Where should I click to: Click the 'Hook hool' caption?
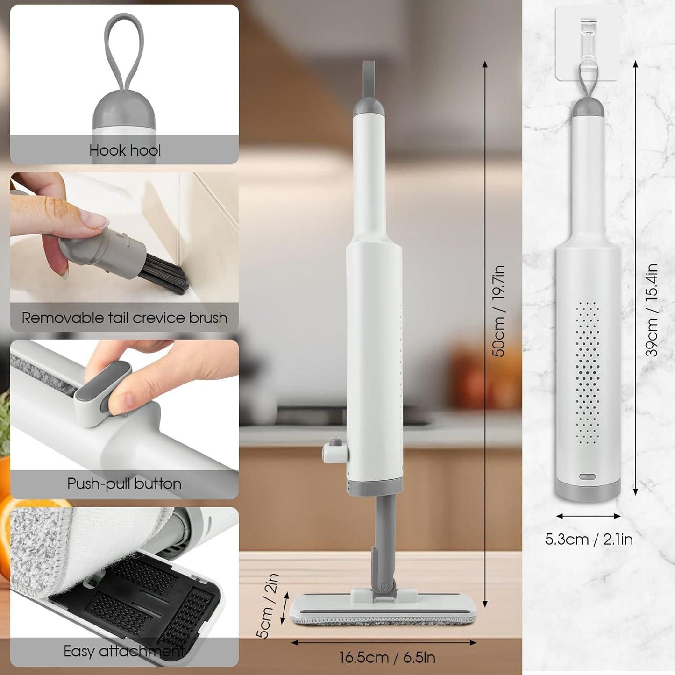(x=125, y=150)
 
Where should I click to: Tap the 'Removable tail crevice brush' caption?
(x=124, y=318)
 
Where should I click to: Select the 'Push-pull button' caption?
(x=124, y=483)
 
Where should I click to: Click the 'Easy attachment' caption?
(x=123, y=651)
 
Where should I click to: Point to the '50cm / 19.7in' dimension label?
(x=499, y=311)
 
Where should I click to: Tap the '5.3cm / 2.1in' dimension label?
(x=589, y=539)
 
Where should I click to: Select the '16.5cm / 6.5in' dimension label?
(x=387, y=657)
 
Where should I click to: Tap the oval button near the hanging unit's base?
(x=587, y=477)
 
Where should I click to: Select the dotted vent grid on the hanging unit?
(x=587, y=373)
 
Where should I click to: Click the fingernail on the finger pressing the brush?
(x=93, y=218)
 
